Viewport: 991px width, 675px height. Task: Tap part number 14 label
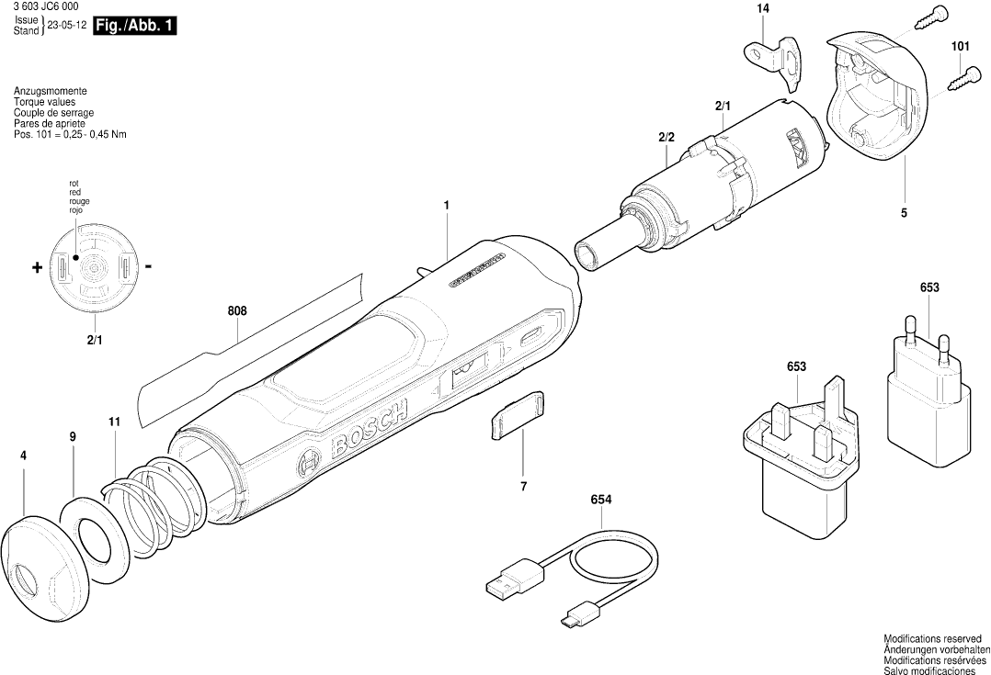point(762,9)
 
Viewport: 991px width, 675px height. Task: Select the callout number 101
point(960,45)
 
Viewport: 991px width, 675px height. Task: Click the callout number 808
point(237,312)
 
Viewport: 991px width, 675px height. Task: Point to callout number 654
point(601,501)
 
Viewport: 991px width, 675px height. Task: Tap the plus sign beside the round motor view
point(37,268)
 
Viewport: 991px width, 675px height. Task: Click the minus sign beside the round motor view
point(148,267)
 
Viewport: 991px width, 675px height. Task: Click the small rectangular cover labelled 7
point(516,416)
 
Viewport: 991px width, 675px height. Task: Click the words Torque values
point(44,102)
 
